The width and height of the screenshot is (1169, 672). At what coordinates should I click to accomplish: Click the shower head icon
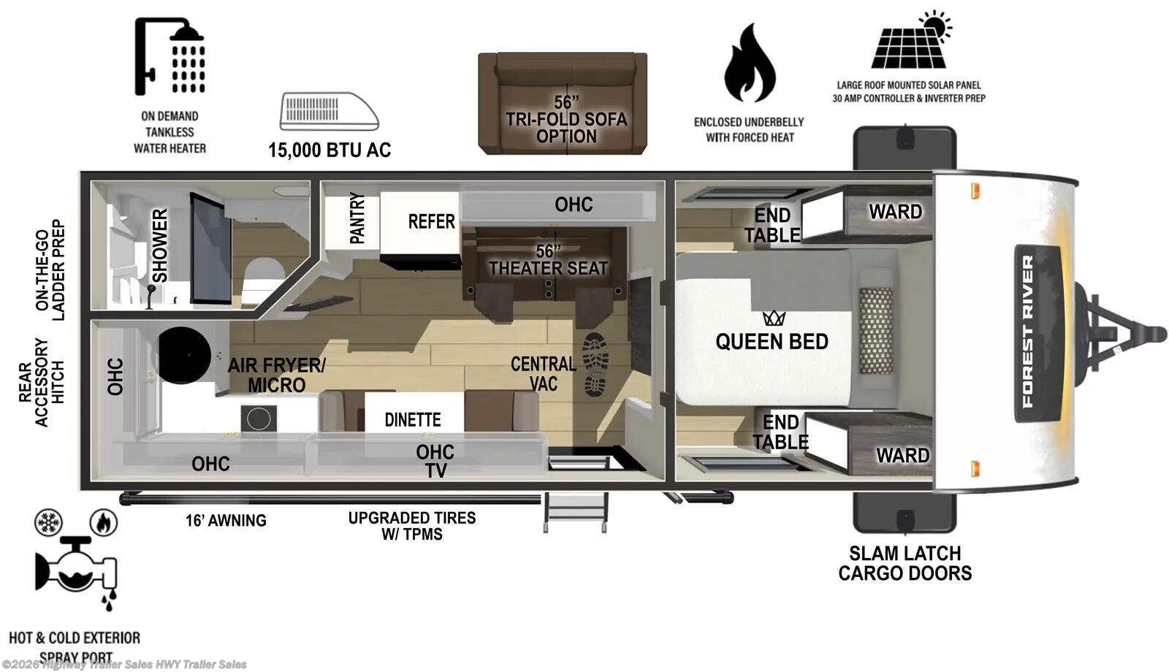click(x=170, y=56)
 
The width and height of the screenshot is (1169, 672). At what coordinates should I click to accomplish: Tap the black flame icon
click(x=750, y=63)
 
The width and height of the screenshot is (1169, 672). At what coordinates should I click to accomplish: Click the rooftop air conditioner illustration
click(x=330, y=111)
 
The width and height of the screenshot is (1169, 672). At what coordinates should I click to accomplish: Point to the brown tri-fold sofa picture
click(x=563, y=103)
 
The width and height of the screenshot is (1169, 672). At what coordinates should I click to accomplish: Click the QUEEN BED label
click(x=772, y=342)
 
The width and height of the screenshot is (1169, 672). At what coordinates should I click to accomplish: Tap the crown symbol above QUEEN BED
click(x=774, y=318)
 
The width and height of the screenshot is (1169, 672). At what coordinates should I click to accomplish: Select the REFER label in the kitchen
click(x=431, y=222)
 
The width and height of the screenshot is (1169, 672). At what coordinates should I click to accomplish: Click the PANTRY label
click(x=357, y=218)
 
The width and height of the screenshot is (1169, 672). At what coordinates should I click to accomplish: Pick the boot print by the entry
click(x=595, y=364)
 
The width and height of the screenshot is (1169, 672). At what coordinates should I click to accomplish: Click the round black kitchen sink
click(x=184, y=355)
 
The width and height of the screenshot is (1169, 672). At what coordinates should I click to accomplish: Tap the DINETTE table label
click(x=412, y=419)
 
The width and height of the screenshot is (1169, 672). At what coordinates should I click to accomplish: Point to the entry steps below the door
click(x=575, y=512)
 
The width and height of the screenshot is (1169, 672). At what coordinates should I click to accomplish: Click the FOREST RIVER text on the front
click(x=1027, y=331)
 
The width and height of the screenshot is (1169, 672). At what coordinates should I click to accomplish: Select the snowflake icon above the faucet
click(x=48, y=522)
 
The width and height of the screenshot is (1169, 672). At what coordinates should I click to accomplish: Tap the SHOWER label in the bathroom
click(x=160, y=245)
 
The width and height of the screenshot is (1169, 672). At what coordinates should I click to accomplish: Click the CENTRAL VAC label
click(x=544, y=373)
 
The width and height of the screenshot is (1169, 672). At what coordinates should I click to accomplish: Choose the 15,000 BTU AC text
click(x=330, y=150)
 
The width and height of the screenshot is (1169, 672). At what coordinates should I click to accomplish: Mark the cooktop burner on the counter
click(x=259, y=419)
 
